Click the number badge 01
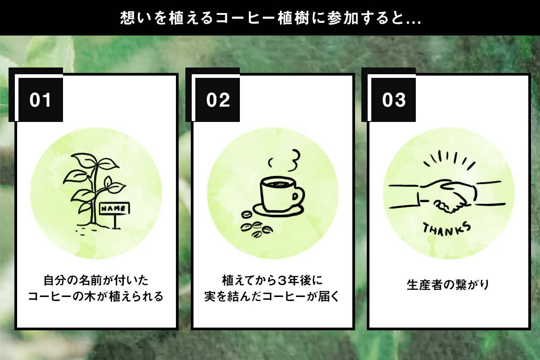click(40, 100)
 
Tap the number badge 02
click(217, 100)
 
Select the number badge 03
click(393, 100)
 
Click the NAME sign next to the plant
click(114, 208)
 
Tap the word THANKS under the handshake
click(447, 229)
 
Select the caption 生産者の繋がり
click(448, 285)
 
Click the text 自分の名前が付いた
click(96, 280)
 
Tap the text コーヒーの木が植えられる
click(96, 297)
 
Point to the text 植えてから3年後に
click(272, 280)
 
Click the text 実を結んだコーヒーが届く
click(272, 297)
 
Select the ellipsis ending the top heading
click(414, 22)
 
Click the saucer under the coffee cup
click(278, 211)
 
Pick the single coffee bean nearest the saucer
click(247, 214)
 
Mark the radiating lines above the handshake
click(450, 159)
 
